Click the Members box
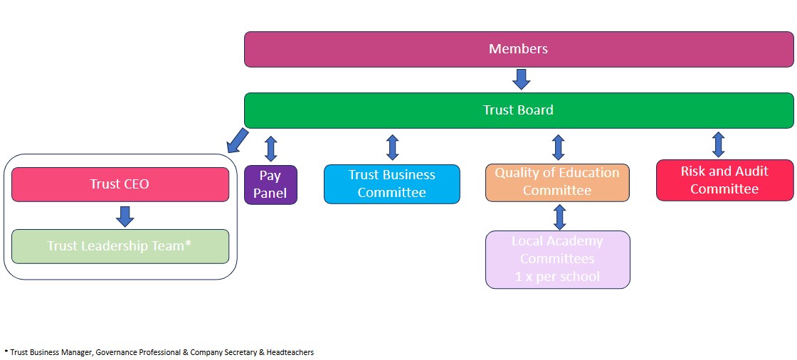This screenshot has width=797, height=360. [x=518, y=49]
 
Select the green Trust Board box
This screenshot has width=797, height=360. [x=518, y=110]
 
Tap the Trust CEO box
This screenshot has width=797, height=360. [x=120, y=184]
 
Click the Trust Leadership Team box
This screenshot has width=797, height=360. [x=120, y=246]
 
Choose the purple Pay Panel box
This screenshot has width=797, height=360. [x=270, y=184]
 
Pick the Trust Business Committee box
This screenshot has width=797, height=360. [x=392, y=184]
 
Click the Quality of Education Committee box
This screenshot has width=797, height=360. [x=557, y=182]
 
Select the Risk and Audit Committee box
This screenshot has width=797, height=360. [x=724, y=180]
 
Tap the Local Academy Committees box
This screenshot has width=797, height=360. [x=557, y=259]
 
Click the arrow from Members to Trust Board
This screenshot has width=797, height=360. [x=522, y=78]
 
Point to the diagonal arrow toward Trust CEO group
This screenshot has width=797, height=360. [x=238, y=140]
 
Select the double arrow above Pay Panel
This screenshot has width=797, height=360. [x=270, y=148]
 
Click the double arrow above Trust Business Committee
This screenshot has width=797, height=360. [x=392, y=147]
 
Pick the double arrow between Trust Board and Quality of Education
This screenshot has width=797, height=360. [x=559, y=147]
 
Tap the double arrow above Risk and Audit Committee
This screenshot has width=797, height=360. [x=719, y=144]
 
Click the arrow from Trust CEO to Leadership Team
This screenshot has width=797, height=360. [x=125, y=216]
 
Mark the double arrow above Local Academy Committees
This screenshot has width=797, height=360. [x=559, y=216]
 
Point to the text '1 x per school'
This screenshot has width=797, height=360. [x=557, y=277]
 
